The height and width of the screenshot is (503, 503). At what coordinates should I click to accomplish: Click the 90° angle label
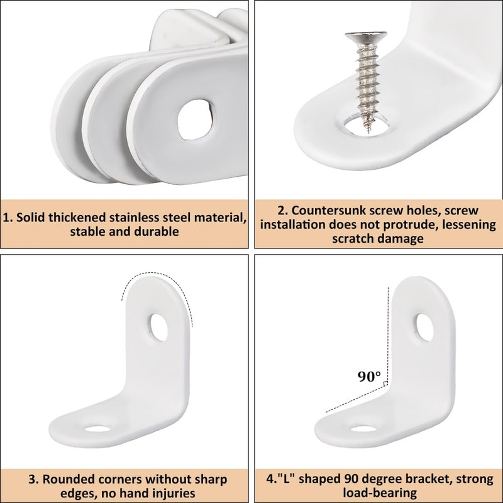click(x=369, y=377)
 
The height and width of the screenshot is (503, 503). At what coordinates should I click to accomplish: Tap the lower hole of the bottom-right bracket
click(x=362, y=430)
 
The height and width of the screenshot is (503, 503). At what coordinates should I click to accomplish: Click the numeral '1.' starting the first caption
click(x=8, y=218)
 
